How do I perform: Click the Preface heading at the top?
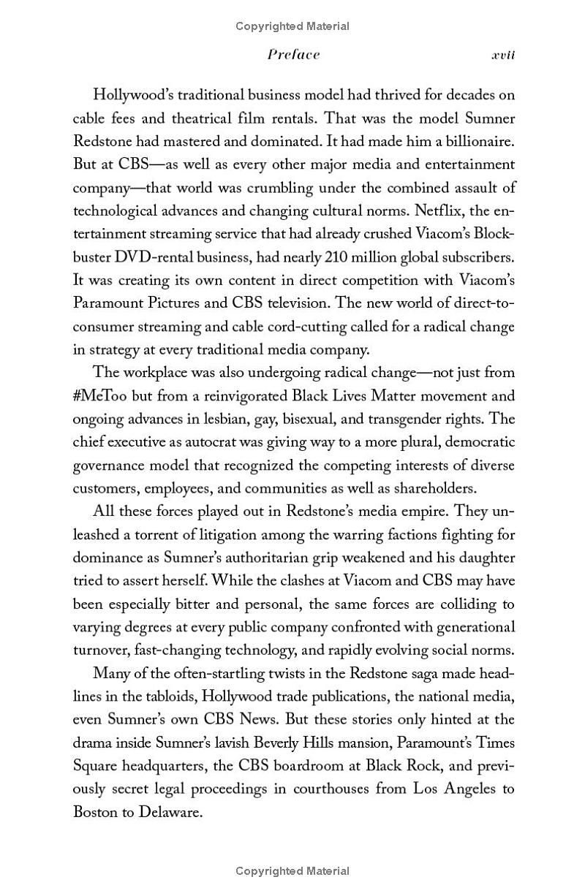point(293,55)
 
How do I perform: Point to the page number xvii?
point(503,55)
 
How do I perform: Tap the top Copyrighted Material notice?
point(292,26)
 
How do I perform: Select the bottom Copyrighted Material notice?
point(292,870)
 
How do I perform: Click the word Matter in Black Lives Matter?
point(392,396)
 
